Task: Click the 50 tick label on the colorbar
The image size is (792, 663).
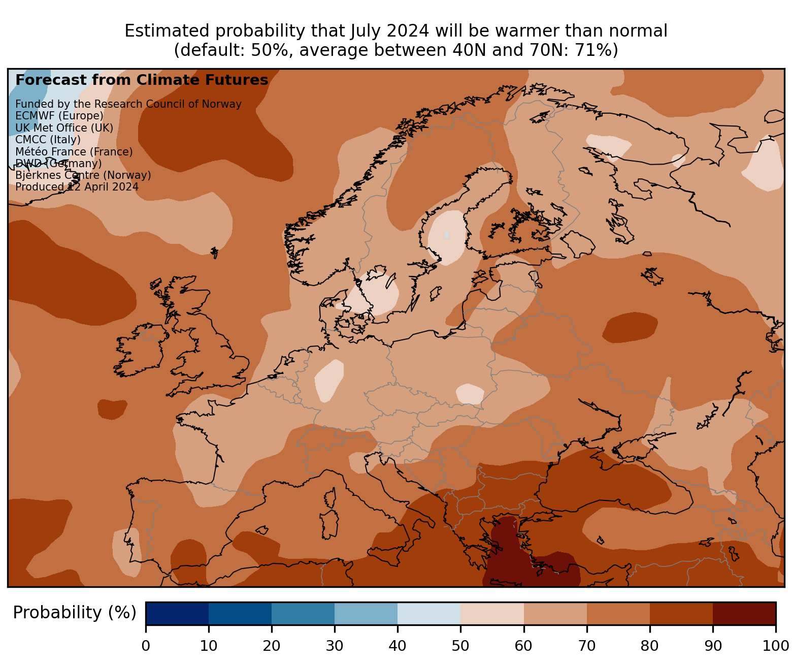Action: tap(460, 646)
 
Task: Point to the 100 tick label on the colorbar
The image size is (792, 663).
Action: tap(775, 646)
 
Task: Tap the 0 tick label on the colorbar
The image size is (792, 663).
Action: tap(146, 646)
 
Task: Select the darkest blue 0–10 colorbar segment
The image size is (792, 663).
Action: tap(177, 613)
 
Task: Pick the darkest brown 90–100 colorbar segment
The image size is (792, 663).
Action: tap(744, 613)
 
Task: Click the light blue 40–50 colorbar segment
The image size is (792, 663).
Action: tap(428, 613)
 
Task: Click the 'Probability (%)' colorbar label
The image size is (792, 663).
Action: tap(75, 613)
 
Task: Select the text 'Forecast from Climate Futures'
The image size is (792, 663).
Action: tap(142, 80)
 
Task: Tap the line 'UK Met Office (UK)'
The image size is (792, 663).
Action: tap(64, 128)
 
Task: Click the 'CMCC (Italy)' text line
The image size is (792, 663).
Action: tap(48, 140)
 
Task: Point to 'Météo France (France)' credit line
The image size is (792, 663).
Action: tap(74, 152)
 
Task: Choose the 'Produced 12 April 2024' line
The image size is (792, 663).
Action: tap(77, 187)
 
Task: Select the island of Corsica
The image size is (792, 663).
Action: tap(331, 497)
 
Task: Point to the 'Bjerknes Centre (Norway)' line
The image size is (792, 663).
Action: tap(83, 175)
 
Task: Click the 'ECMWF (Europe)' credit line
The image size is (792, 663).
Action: tap(59, 116)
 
